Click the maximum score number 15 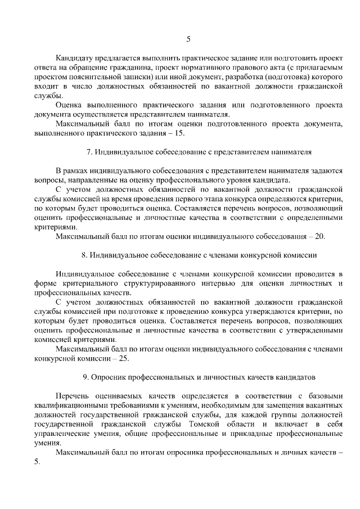180,133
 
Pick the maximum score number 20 320,237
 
